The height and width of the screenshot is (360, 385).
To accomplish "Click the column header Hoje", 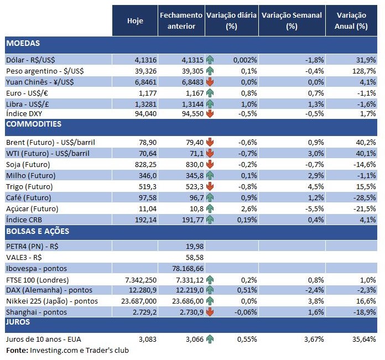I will (135, 21).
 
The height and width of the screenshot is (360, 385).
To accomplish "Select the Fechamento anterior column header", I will (181, 21).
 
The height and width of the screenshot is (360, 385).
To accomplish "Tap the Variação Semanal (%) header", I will (292, 21).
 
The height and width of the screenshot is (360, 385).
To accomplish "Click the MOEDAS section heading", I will (23, 43).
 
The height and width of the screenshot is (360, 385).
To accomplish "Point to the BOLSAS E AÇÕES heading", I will (37, 231).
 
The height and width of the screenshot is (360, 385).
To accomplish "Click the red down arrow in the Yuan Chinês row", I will (209, 82).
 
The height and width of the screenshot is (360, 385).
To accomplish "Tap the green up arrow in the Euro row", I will (209, 92).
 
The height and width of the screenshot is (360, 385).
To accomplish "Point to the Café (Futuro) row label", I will (28, 197).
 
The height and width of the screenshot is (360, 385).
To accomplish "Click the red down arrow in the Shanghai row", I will (209, 312).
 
